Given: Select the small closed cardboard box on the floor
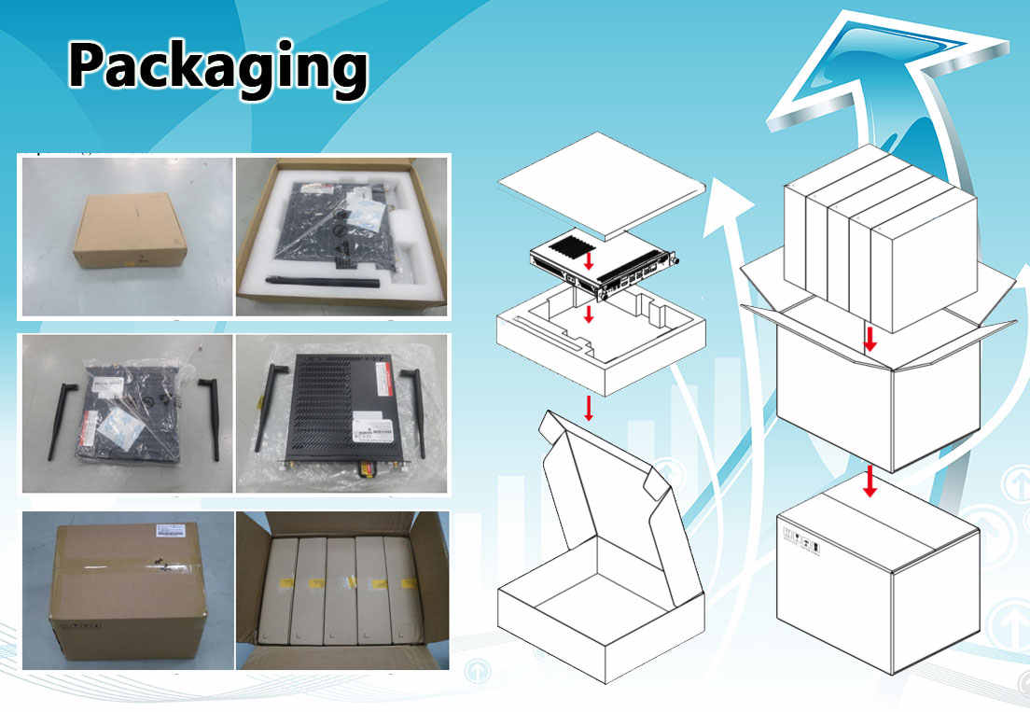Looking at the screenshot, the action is tap(130, 230).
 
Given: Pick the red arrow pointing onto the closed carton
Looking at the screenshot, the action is tap(870, 481).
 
